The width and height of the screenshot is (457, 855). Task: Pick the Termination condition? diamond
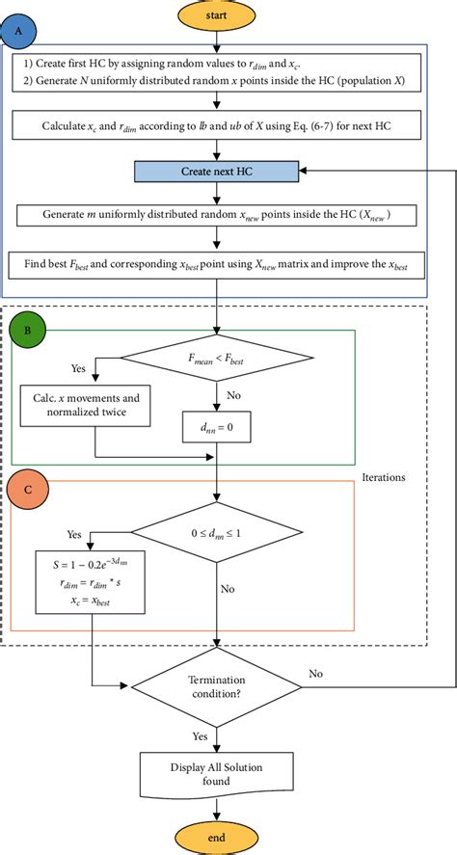click(x=220, y=687)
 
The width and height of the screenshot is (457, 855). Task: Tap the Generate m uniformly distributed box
click(x=220, y=215)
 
